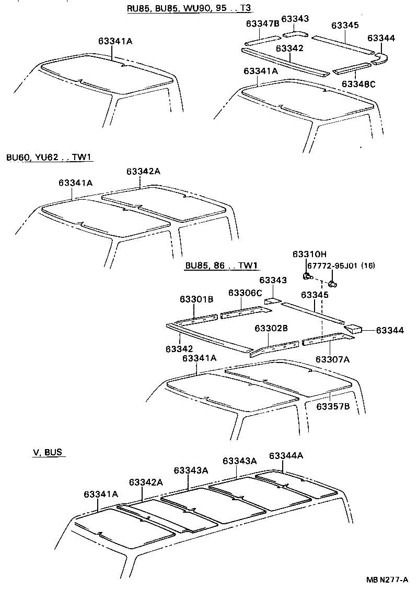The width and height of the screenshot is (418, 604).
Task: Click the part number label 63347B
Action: tap(262, 24)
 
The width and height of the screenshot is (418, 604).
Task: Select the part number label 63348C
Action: tap(359, 83)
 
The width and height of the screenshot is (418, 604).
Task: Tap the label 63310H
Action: tap(309, 254)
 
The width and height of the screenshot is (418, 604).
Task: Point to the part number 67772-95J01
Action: tap(333, 265)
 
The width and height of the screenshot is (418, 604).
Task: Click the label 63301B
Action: tap(196, 299)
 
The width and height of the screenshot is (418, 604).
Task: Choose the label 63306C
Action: tap(245, 293)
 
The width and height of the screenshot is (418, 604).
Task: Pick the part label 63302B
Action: tap(271, 328)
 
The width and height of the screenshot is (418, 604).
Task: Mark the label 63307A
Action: tap(332, 359)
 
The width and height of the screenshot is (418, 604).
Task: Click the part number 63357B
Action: tap(332, 406)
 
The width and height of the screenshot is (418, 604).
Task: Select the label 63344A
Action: tap(286, 455)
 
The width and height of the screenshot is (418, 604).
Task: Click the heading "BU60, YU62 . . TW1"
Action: tap(50, 157)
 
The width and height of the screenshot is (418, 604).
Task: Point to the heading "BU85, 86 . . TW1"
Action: tap(222, 265)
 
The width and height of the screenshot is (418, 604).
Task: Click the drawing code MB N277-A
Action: tap(387, 579)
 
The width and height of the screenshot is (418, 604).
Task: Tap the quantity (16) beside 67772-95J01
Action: tap(368, 265)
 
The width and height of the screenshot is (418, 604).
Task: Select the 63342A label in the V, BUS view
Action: tap(146, 482)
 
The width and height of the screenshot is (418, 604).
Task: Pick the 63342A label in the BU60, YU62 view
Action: tap(143, 172)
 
